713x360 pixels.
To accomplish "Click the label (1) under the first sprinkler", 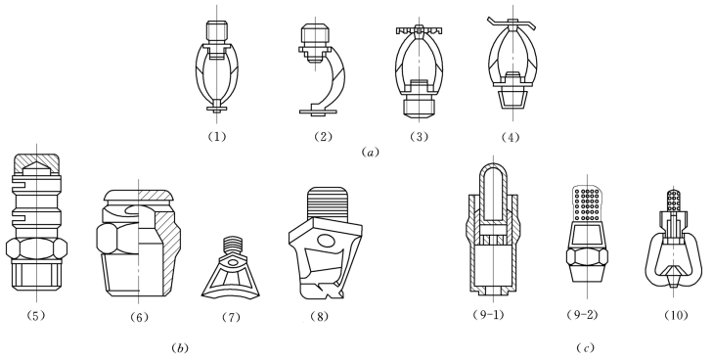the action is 216,136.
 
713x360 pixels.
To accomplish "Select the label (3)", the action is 419,136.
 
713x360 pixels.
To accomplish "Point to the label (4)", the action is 511,137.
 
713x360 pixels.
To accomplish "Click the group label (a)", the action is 370,153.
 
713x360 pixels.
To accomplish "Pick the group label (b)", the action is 180,348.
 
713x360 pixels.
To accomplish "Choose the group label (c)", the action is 585,348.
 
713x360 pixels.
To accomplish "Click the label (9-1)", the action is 489,315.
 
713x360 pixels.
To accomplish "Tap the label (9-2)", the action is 582,315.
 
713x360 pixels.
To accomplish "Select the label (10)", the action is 676,315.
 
